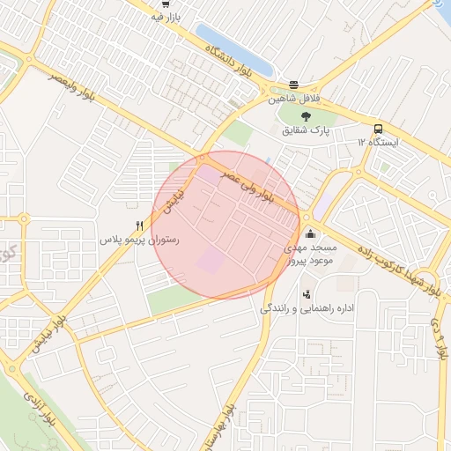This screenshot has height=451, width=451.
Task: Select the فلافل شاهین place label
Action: pyautogui.click(x=294, y=100)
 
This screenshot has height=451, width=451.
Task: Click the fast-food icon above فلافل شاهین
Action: pyautogui.click(x=293, y=85)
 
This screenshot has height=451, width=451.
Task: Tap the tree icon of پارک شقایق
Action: pyautogui.click(x=305, y=116)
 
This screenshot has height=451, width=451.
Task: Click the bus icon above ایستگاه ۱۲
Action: pyautogui.click(x=378, y=128)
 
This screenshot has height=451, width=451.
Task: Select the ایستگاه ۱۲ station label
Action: pyautogui.click(x=378, y=142)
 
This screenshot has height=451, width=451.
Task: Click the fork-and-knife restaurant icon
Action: pyautogui.click(x=139, y=225)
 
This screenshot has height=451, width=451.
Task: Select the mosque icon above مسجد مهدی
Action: pyautogui.click(x=309, y=234)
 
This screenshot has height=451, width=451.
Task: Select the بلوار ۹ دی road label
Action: pyautogui.click(x=437, y=340)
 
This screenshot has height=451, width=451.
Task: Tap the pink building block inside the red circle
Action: pyautogui.click(x=210, y=260)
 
